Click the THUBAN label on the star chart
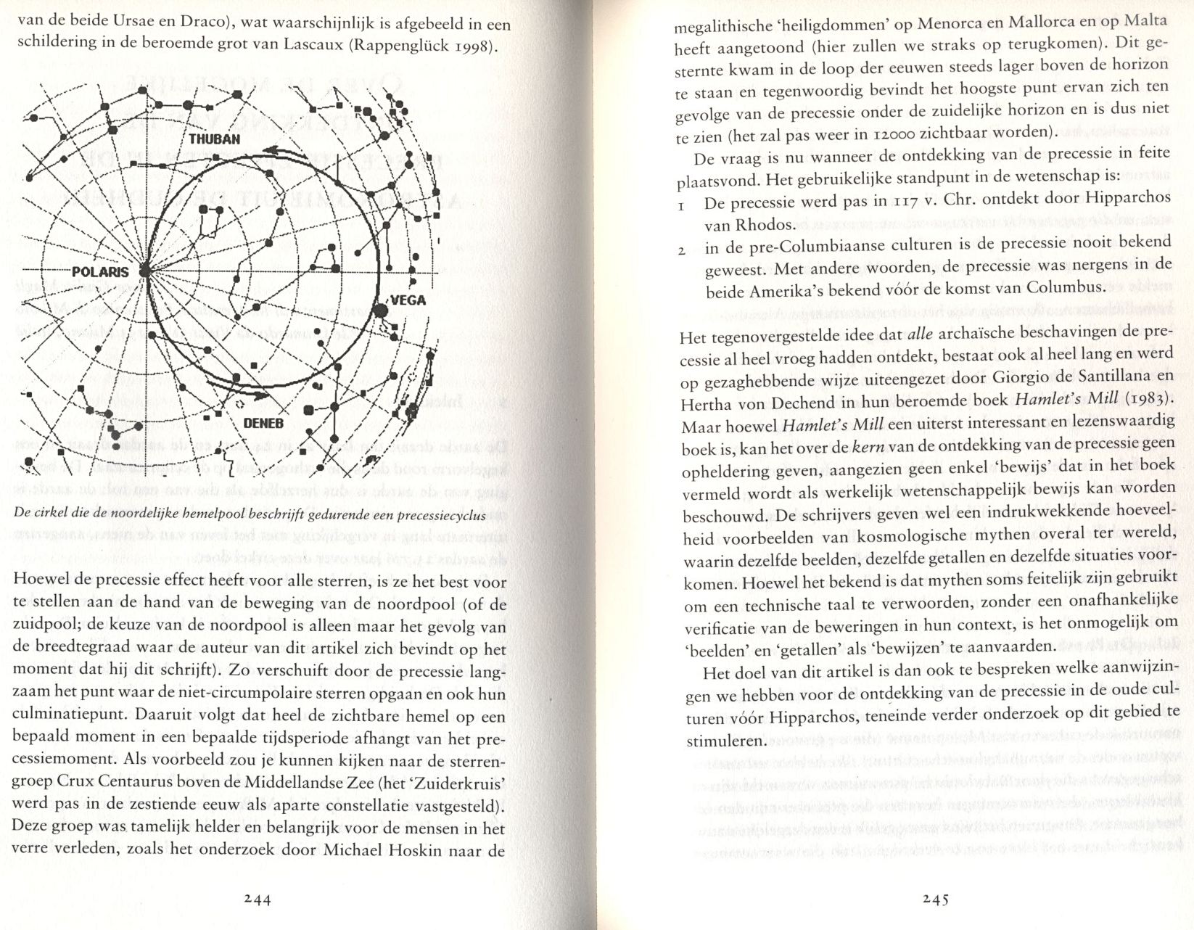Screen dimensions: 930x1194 click(214, 139)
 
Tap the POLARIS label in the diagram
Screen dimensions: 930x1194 click(100, 272)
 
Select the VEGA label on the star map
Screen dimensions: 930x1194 click(408, 300)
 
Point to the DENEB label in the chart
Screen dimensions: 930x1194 click(263, 424)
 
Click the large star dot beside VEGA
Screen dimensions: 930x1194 click(379, 311)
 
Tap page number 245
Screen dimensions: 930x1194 click(936, 900)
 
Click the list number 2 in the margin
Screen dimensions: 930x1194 click(682, 252)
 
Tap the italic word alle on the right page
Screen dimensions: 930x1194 click(920, 334)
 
